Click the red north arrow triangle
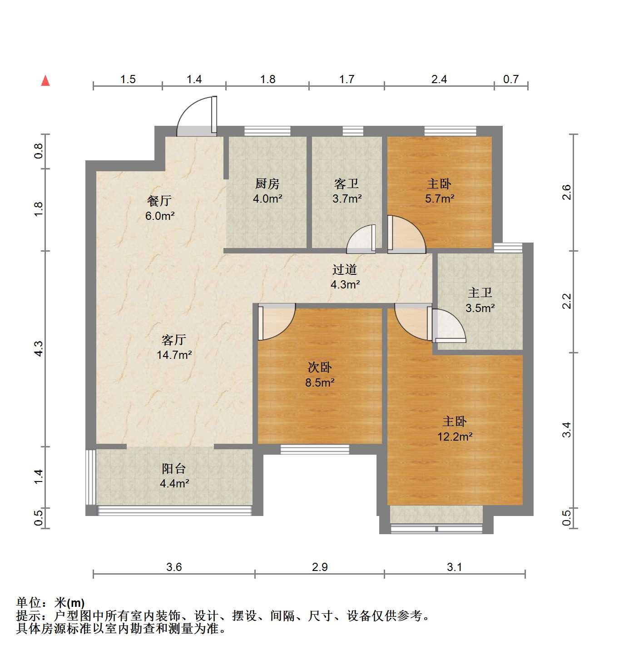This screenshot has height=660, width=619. tap(45, 81)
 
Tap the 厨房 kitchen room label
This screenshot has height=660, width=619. tap(267, 184)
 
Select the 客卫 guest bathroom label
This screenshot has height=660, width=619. tap(347, 184)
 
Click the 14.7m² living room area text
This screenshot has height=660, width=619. tap(174, 355)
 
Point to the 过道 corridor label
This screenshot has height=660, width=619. tap(345, 269)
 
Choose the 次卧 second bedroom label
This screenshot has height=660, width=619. tap(320, 367)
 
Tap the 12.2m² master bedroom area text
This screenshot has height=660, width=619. tap(455, 437)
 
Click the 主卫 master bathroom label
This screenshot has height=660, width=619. tap(480, 293)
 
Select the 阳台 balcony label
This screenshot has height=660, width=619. tap(174, 469)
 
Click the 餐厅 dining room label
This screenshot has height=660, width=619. tap(159, 201)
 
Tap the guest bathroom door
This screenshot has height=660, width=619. tap(361, 238)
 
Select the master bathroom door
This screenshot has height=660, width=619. tap(449, 325)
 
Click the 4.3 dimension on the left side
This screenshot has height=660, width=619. tap(39, 348)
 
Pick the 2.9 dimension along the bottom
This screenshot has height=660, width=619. tap(320, 566)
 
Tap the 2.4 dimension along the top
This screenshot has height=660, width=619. tap(439, 79)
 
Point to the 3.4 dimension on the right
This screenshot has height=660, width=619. tap(566, 430)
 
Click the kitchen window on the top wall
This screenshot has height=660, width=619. tap(267, 131)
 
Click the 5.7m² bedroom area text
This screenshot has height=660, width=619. tap(440, 199)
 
